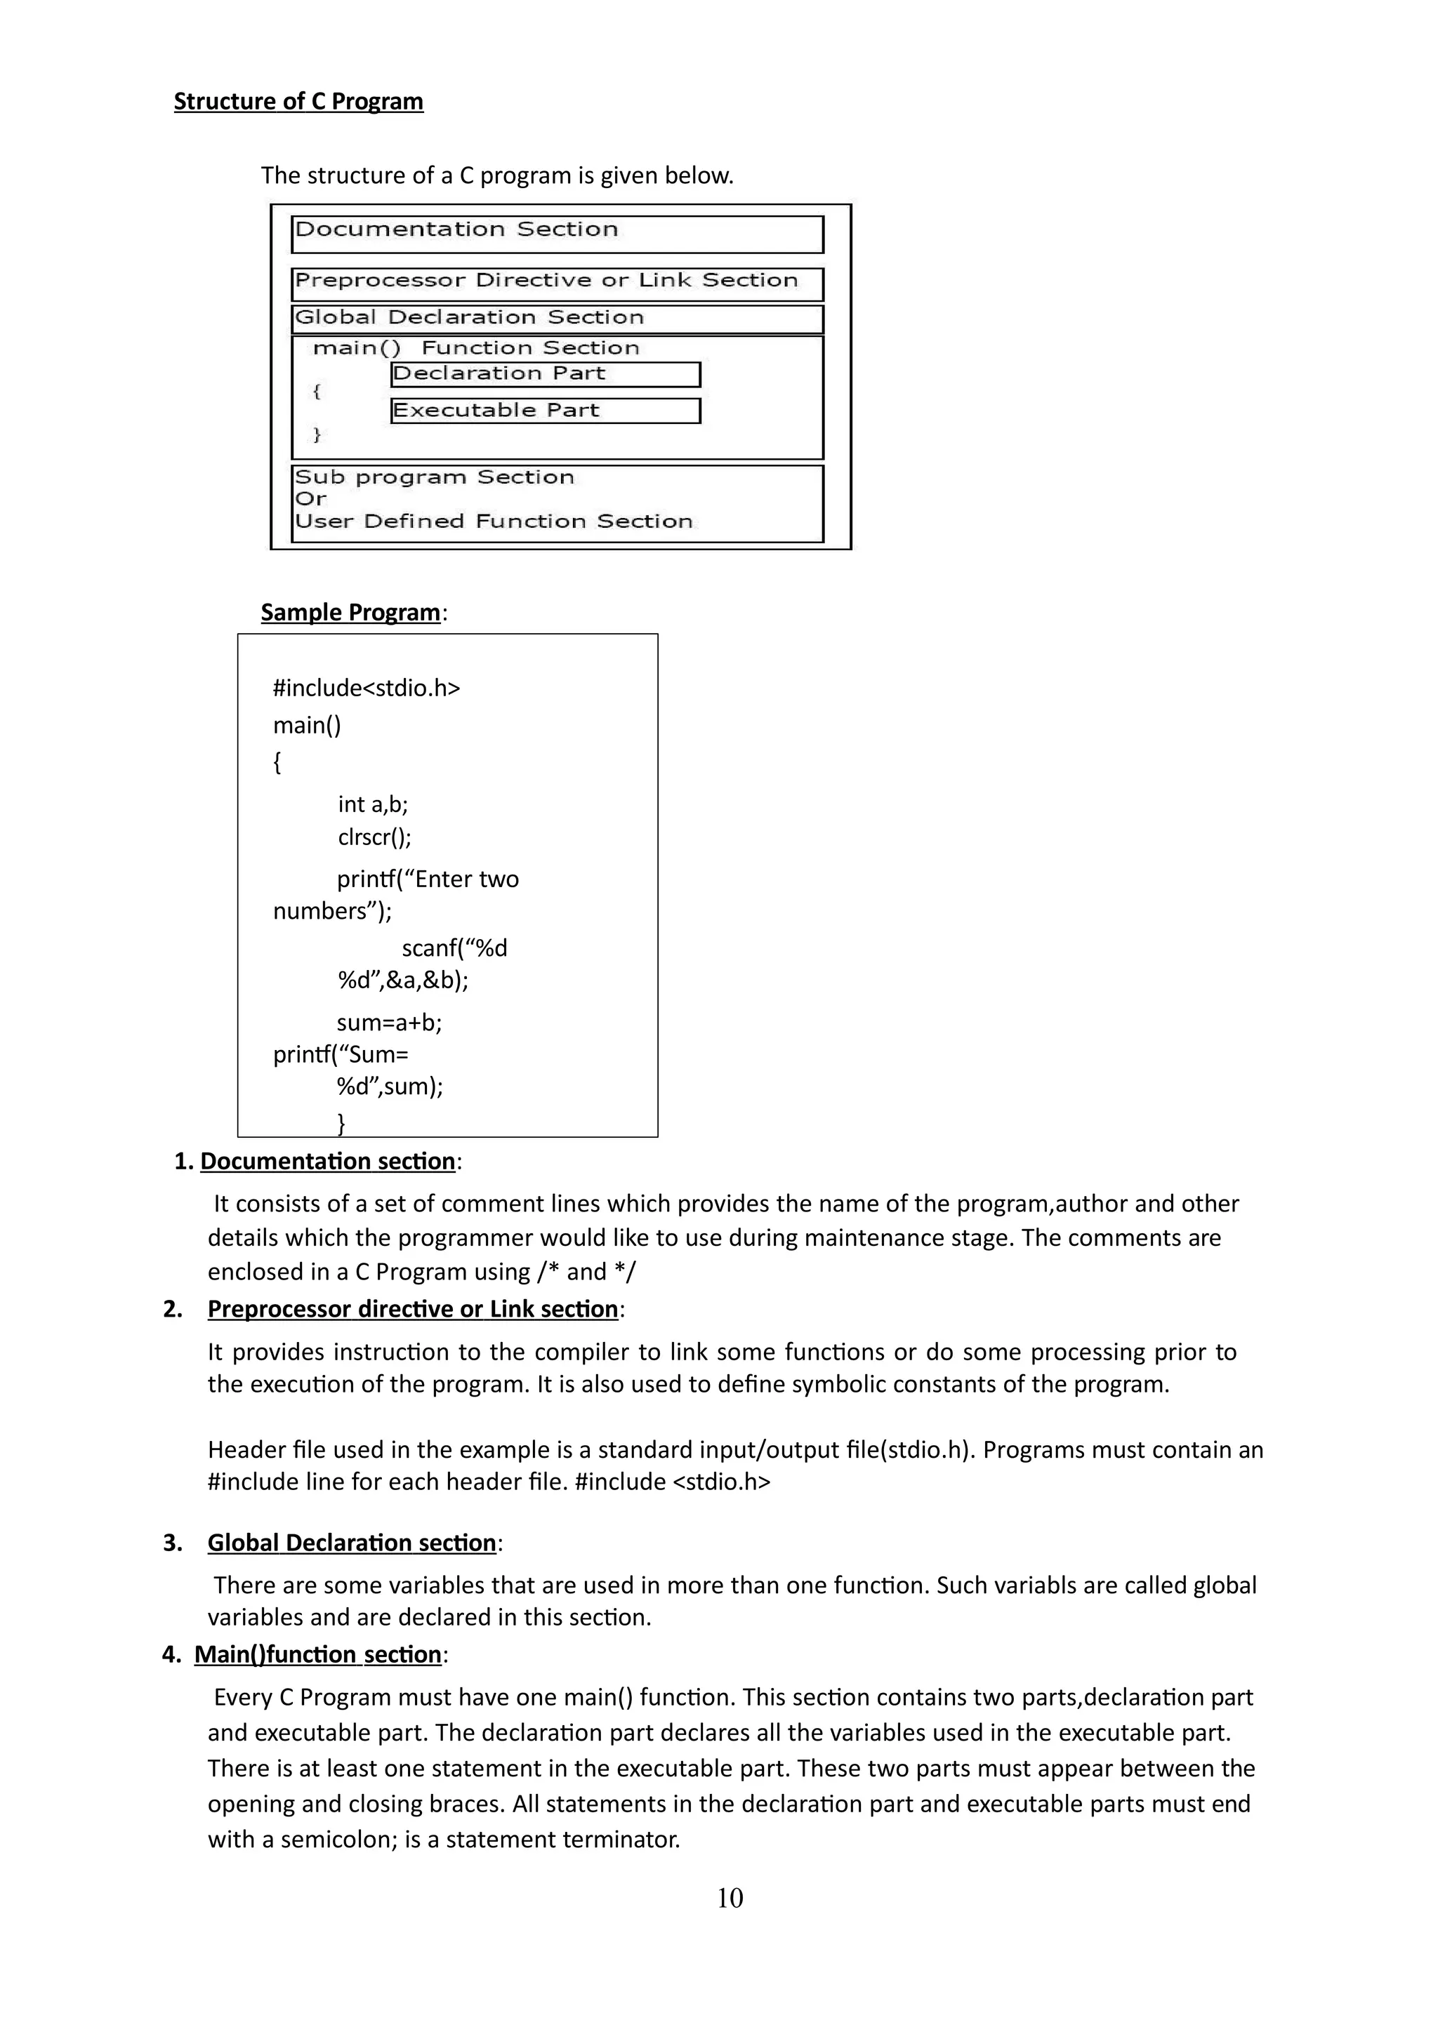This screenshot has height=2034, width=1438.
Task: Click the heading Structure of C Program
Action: [298, 101]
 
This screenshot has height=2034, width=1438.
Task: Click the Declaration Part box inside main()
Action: [545, 375]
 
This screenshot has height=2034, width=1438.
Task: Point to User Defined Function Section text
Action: [494, 521]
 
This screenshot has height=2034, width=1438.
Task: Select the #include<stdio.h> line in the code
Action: [366, 689]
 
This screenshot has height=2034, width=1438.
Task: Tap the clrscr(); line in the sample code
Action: [374, 837]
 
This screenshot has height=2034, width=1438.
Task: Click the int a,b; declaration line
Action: [372, 804]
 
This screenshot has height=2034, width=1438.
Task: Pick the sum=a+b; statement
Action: [389, 1023]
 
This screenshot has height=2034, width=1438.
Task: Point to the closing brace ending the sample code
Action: [341, 1123]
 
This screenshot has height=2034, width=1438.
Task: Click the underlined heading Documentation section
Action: [327, 1162]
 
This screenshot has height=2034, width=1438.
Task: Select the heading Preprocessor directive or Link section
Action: [412, 1310]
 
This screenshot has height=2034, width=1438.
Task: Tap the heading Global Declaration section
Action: [351, 1543]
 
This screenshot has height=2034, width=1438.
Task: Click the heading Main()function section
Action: [317, 1655]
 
